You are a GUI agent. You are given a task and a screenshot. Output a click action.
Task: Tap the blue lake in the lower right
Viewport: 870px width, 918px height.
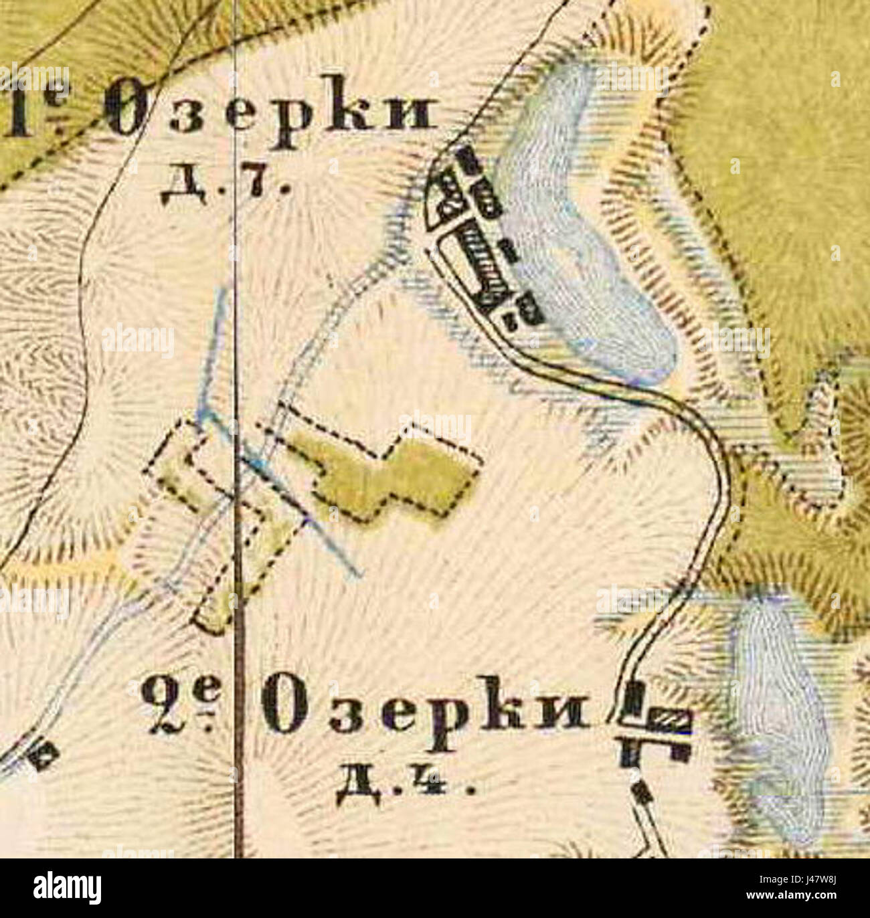[780, 723]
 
